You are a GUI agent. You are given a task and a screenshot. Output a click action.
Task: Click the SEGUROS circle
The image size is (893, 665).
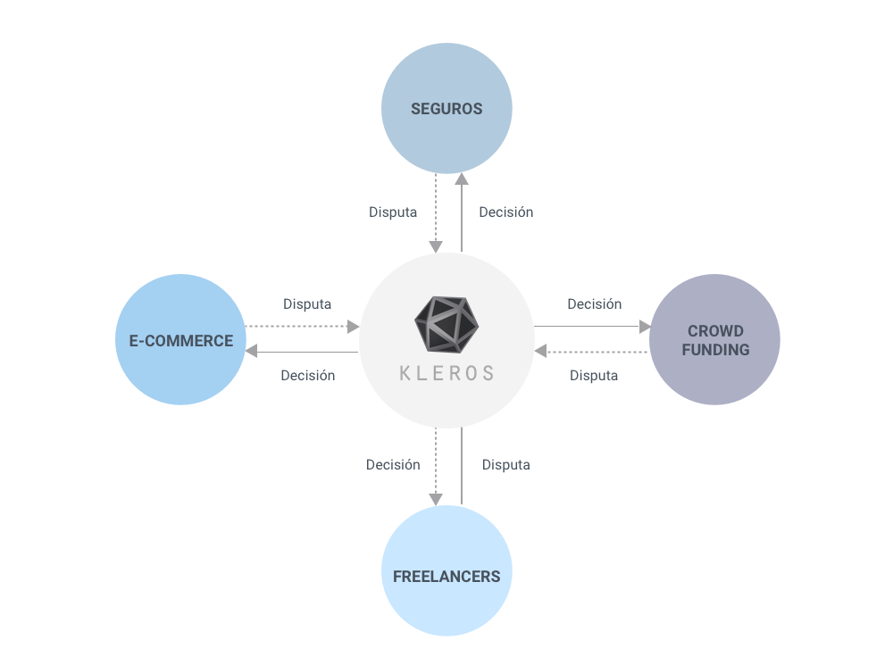[x=446, y=108]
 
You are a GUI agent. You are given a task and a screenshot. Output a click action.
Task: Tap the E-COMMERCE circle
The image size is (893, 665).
[x=180, y=340]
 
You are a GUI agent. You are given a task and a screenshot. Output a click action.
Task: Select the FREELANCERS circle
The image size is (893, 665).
[x=446, y=575]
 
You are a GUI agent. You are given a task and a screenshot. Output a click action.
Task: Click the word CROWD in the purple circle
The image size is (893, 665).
[x=715, y=331]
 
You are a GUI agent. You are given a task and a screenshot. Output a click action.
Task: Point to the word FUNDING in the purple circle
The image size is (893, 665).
[x=715, y=350]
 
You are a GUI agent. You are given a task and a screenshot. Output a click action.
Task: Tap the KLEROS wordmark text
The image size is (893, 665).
[x=446, y=373]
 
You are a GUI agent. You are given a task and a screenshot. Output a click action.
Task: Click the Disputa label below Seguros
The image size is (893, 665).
[x=393, y=212]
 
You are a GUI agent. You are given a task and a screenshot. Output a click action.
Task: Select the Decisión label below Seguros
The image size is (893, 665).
[x=505, y=212]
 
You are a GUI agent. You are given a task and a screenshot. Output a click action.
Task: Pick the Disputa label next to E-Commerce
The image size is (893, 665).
[x=307, y=304]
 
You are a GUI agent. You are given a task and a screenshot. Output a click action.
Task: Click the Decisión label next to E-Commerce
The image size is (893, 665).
[x=307, y=376]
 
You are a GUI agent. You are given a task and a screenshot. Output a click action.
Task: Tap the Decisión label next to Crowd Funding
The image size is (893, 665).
[x=594, y=304]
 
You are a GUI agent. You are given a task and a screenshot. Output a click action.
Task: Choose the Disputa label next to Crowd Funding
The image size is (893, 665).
[x=594, y=376]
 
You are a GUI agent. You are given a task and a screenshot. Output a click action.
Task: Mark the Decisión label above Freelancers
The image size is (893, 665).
[x=392, y=464]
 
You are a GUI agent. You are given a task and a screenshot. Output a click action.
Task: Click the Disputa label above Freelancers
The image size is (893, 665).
[x=505, y=464]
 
